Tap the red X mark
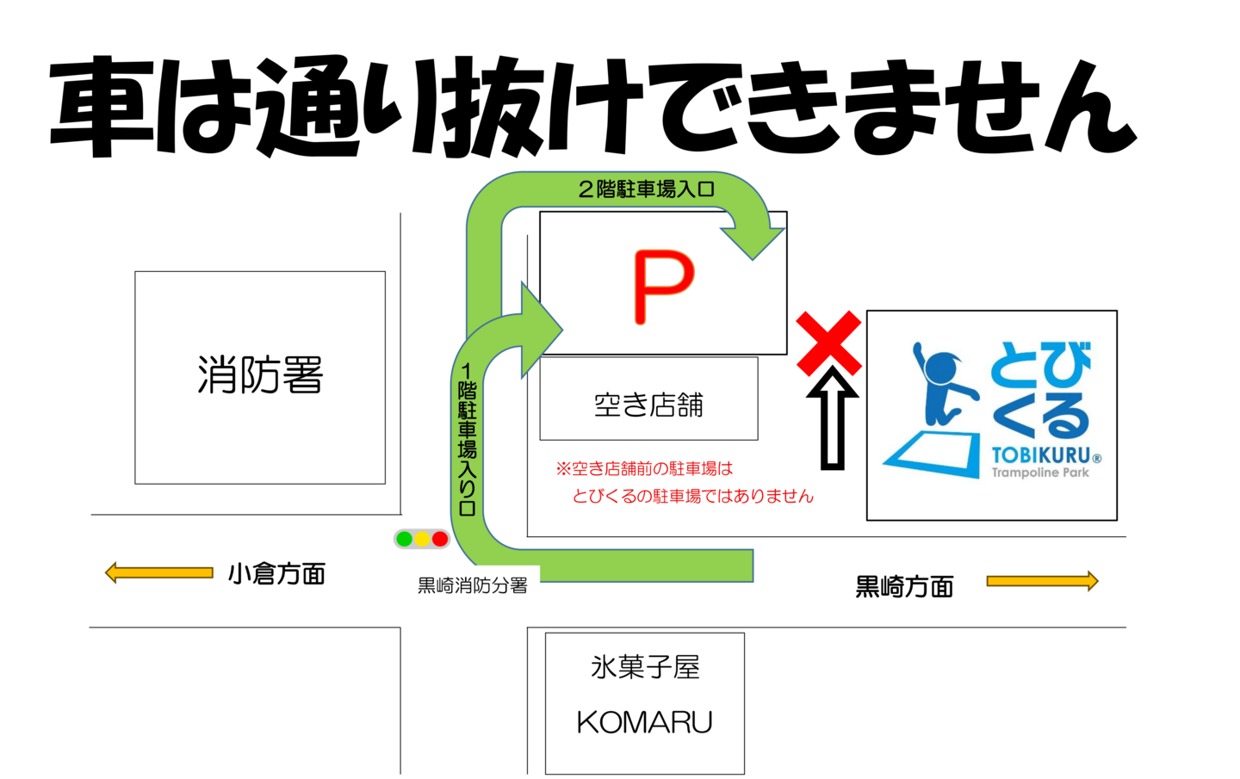(x=828, y=343)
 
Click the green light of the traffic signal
(x=405, y=539)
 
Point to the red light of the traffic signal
(x=440, y=539)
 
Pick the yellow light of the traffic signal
(x=422, y=539)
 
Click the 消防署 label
(x=260, y=374)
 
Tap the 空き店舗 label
(x=648, y=405)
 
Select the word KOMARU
(x=644, y=722)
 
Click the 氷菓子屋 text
(x=645, y=667)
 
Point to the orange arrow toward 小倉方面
(x=158, y=572)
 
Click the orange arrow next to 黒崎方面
(x=1042, y=581)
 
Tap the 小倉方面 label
(x=276, y=574)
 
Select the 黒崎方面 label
(x=904, y=586)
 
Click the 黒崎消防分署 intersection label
(x=472, y=585)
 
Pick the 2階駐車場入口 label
(x=646, y=189)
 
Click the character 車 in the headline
(x=103, y=106)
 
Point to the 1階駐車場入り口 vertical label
(x=468, y=440)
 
